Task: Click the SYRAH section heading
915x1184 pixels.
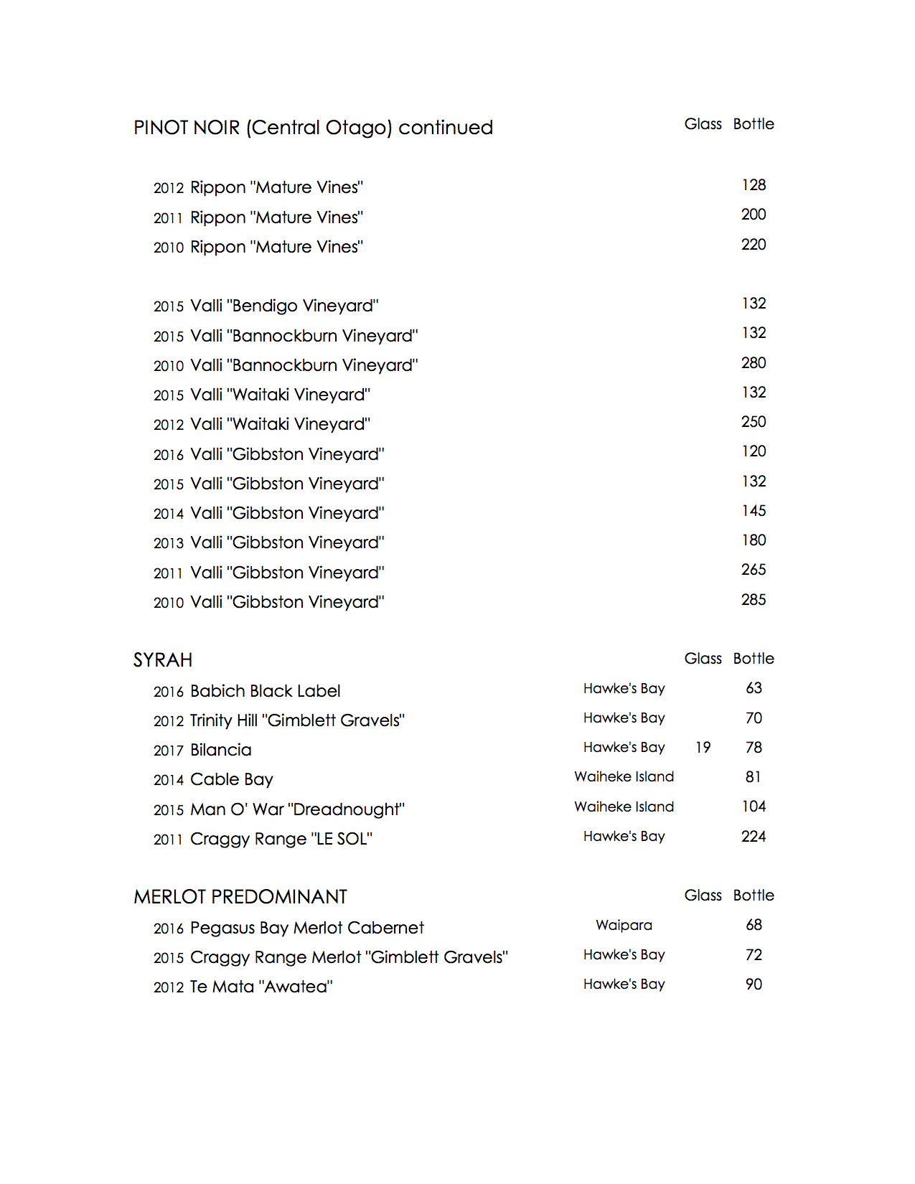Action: point(163,660)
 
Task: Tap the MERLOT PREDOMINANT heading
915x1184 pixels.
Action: point(240,897)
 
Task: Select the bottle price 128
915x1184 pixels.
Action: point(754,185)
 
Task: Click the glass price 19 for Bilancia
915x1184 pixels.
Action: point(703,748)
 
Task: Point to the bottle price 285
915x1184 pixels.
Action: point(754,600)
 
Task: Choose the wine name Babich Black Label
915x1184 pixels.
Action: point(265,691)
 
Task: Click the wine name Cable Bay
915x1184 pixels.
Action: point(231,779)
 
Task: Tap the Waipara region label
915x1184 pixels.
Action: point(624,925)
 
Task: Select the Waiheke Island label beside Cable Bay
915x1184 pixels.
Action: point(624,776)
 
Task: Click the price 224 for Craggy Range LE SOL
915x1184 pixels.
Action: point(754,837)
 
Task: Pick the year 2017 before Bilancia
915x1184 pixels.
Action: point(169,751)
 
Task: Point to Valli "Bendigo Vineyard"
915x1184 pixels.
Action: point(284,306)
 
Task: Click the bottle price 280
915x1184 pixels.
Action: point(754,363)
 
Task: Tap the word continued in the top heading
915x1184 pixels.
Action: point(446,128)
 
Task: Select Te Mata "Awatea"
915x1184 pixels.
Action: point(261,987)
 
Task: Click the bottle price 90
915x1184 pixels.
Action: point(754,985)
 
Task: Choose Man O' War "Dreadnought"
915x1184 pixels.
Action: point(297,809)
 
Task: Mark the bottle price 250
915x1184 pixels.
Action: point(754,422)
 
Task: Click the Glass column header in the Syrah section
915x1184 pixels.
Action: point(703,659)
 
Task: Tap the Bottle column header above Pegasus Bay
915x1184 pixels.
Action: point(754,896)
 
